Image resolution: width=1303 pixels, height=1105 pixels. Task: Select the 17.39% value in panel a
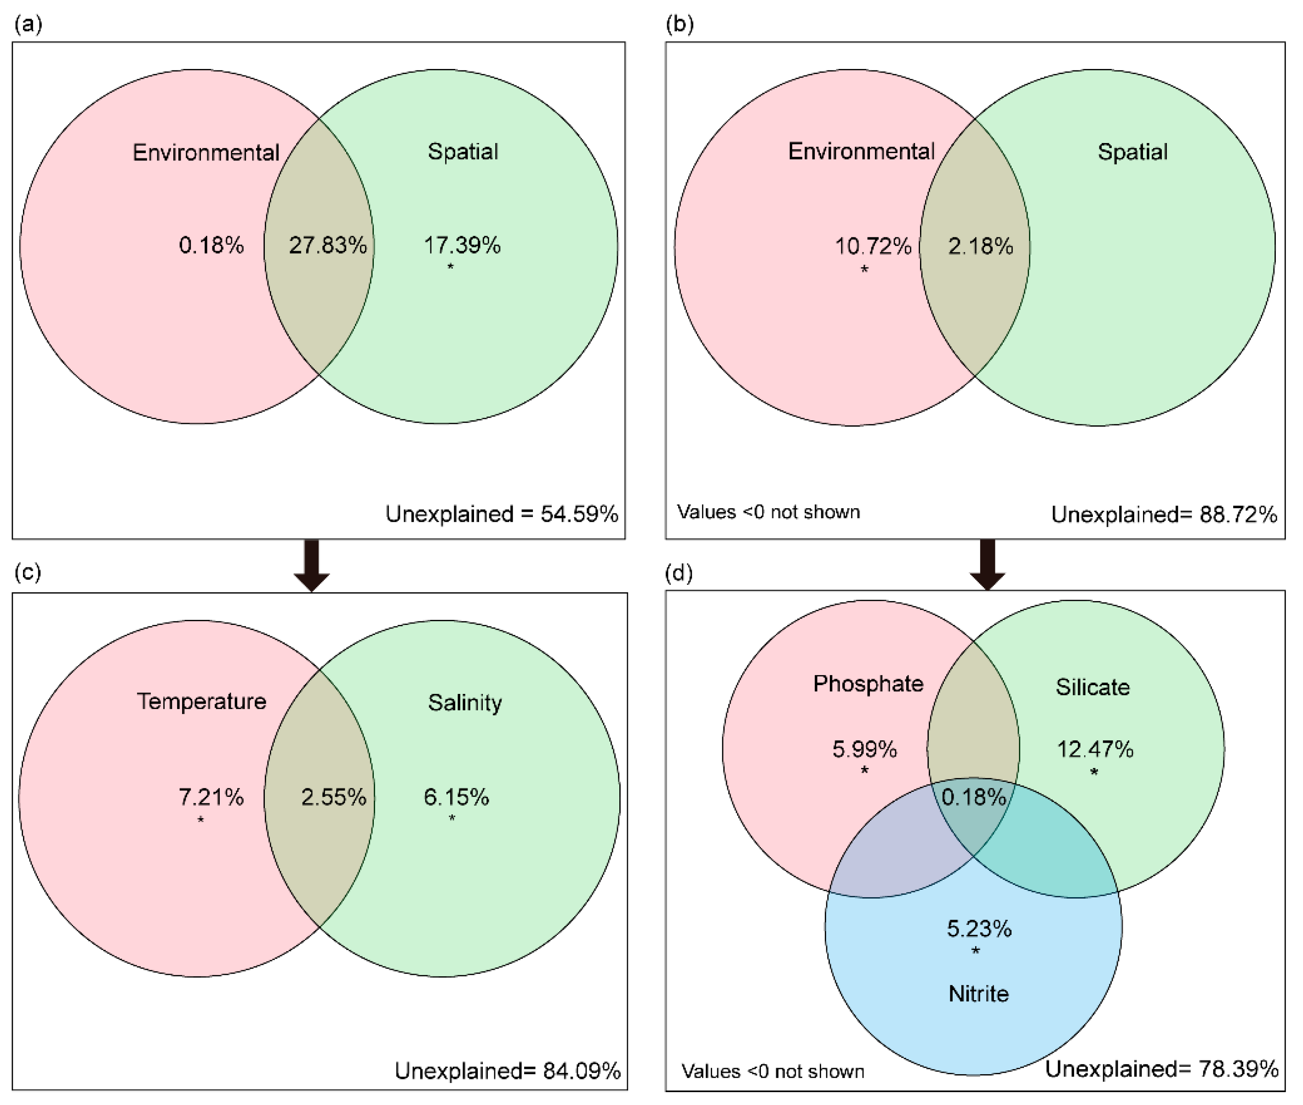pos(463,245)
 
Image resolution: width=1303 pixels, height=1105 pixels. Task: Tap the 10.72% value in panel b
pos(873,246)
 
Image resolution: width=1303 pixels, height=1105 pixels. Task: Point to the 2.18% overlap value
pos(980,246)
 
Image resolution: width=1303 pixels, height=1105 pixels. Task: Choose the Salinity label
pos(465,702)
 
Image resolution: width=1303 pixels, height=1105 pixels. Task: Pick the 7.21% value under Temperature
pos(211,797)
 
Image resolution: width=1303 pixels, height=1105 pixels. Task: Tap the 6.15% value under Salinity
pos(456,797)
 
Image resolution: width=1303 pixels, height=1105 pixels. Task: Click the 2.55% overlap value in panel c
pos(333,797)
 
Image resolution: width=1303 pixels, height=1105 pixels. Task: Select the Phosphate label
pos(868,683)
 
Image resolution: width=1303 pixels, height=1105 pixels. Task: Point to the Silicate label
pos(1092,687)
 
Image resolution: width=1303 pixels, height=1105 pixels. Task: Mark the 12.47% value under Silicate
pos(1095,749)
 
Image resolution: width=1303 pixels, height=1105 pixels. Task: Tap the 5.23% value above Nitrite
pos(978,928)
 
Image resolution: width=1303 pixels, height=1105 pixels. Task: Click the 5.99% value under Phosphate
pos(864,749)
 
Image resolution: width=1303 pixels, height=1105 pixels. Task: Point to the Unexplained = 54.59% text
pos(502,514)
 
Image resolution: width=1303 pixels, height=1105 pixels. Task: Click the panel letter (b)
pos(680,25)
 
